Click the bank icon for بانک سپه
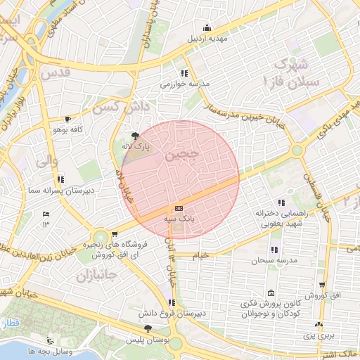pos(178,208)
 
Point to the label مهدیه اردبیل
pos(206,39)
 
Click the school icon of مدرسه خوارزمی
pos(184,73)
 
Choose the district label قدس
pos(58,72)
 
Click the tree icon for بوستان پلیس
pos(147,328)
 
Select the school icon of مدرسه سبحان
pos(273,250)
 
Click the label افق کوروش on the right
pos(324,297)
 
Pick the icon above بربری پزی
pos(320,324)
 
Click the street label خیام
pos(202,256)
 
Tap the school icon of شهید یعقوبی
pos(281,202)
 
